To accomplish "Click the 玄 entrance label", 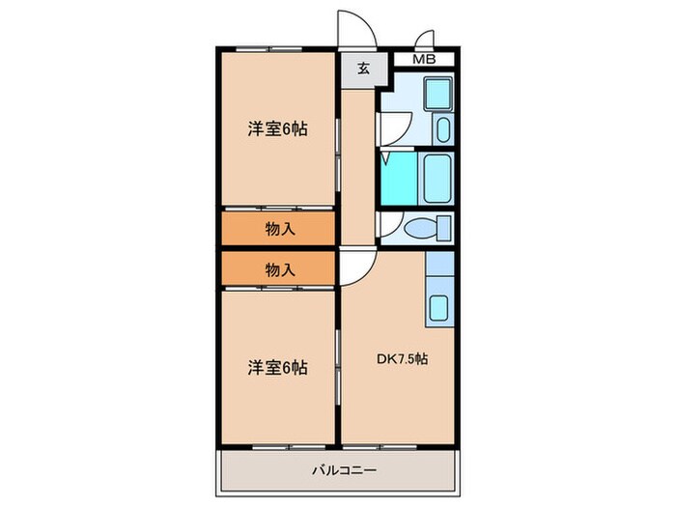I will tap(362, 69).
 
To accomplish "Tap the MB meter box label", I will tap(424, 60).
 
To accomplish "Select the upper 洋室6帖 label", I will tap(276, 127).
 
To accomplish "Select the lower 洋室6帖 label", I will tap(276, 368).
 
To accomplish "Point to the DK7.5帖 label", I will tap(402, 358).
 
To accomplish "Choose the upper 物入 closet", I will tap(279, 229).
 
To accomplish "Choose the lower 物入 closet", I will tap(279, 270).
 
